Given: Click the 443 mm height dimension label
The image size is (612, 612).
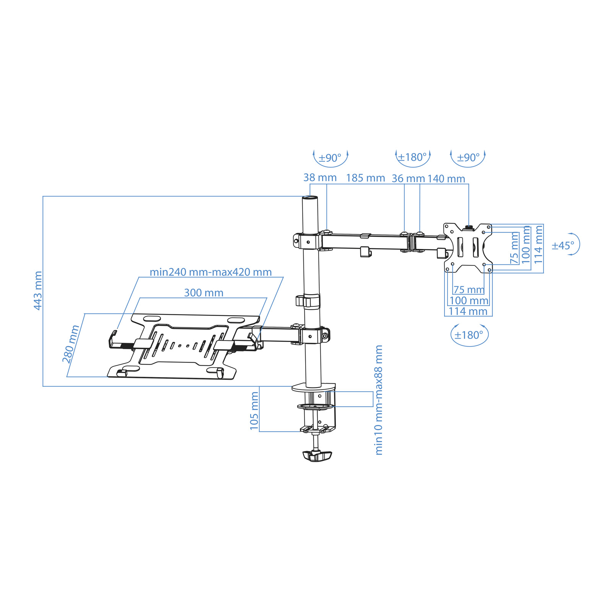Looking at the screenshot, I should point(38,291).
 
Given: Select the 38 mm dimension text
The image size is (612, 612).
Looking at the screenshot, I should point(320,178).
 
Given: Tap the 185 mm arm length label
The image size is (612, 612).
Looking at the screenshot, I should point(365,178).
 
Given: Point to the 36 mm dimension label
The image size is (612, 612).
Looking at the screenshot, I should point(408,179).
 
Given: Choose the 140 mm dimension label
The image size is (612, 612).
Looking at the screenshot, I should point(446,179).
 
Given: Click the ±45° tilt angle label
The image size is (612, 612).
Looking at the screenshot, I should point(563,246).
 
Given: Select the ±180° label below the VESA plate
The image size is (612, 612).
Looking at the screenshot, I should point(469,335).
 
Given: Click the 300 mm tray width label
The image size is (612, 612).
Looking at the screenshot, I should point(203,293).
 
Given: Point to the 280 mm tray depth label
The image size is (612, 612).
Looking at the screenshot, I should point(71,343).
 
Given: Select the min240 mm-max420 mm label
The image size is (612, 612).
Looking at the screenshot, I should point(210,272).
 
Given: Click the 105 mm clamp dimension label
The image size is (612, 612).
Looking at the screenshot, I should point(254,411).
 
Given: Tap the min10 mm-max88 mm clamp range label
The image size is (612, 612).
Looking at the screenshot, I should point(379,400).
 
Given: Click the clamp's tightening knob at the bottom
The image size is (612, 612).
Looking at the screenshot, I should point(317,456).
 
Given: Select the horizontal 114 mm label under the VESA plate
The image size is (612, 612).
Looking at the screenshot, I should point(468,311).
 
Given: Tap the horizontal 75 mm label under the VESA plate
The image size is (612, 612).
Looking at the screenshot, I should point(469,290).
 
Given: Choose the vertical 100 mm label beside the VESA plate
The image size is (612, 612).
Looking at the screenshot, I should point(526,244).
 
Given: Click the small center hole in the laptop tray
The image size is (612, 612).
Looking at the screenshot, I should point(187,346).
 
